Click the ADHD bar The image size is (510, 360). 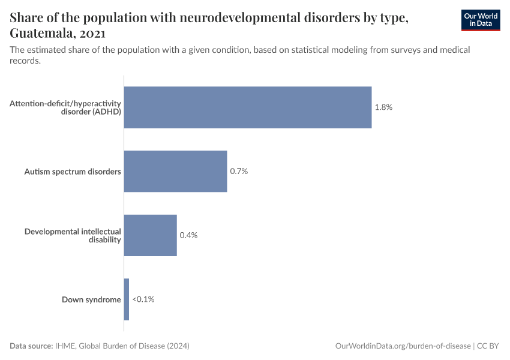tap(247, 107)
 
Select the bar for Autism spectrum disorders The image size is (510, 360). tap(175, 171)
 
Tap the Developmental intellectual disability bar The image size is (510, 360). tap(150, 235)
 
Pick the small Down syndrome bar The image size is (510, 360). tap(127, 299)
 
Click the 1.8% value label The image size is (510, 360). tap(383, 107)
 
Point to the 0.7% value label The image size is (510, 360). tap(239, 171)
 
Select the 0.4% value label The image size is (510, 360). tap(188, 235)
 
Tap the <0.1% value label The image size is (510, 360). tap(143, 299)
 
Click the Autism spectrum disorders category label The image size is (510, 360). tap(73, 172)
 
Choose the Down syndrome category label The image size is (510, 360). tap(91, 299)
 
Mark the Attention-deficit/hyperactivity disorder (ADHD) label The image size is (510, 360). tap(65, 107)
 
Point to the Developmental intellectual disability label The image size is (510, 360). tap(73, 235)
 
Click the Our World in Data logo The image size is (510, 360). tap(481, 20)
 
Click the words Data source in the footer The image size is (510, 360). tap(31, 346)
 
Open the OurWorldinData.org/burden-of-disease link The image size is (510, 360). tap(402, 346)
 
